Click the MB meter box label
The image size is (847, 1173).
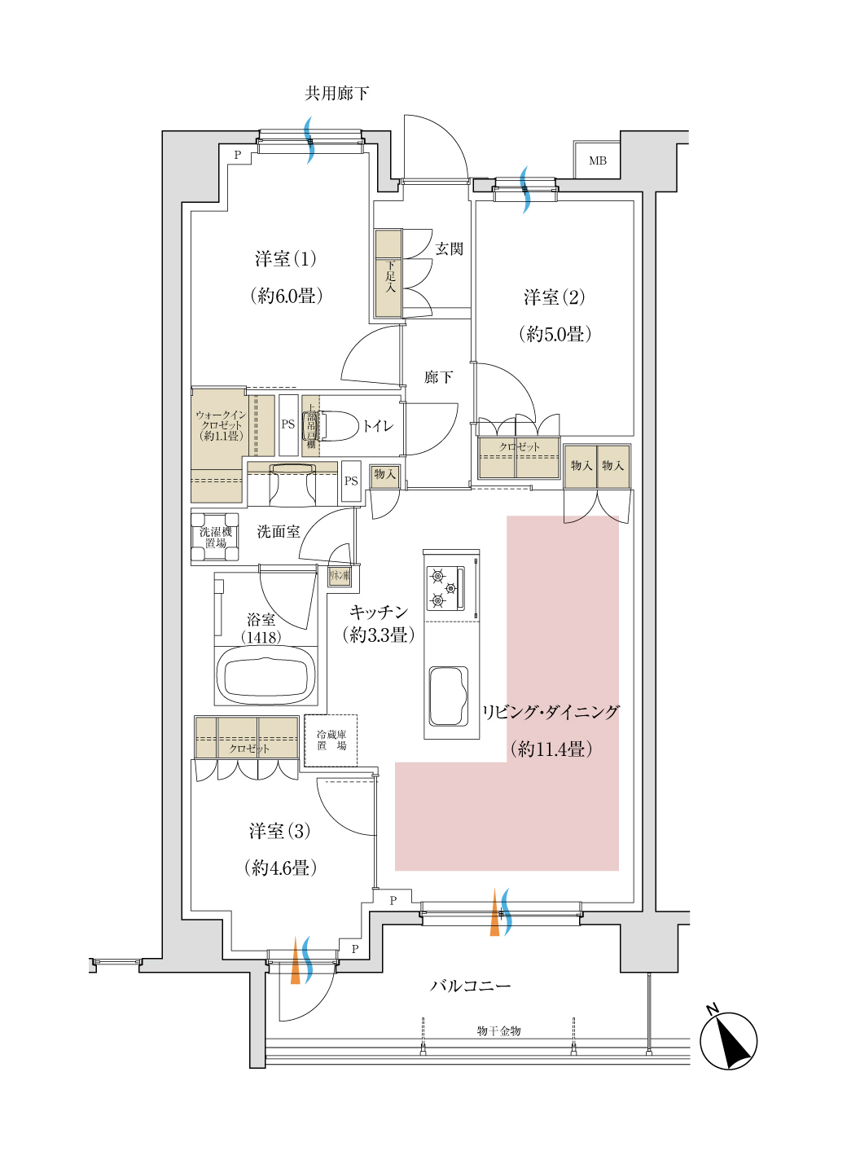coord(598,160)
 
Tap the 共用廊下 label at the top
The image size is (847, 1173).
coord(336,94)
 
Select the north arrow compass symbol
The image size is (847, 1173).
coord(728,1040)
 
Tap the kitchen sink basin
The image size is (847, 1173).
coord(448,696)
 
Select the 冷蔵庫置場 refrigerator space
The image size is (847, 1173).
coord(331,740)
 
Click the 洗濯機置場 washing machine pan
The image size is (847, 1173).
coord(215,537)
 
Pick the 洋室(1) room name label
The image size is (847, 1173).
coord(285,259)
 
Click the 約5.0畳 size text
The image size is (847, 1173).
coord(555,334)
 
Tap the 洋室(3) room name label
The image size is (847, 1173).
coord(279,831)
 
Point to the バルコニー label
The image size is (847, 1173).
coord(470,986)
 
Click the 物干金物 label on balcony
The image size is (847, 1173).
coord(498,1030)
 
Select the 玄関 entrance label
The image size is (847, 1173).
coord(449,248)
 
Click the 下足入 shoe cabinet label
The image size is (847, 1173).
coord(390,276)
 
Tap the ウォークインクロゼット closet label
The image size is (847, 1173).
coord(220,425)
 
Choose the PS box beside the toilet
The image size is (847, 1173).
coord(288,424)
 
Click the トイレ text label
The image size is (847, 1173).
coord(378,426)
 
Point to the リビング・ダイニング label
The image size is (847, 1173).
coord(551,712)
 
